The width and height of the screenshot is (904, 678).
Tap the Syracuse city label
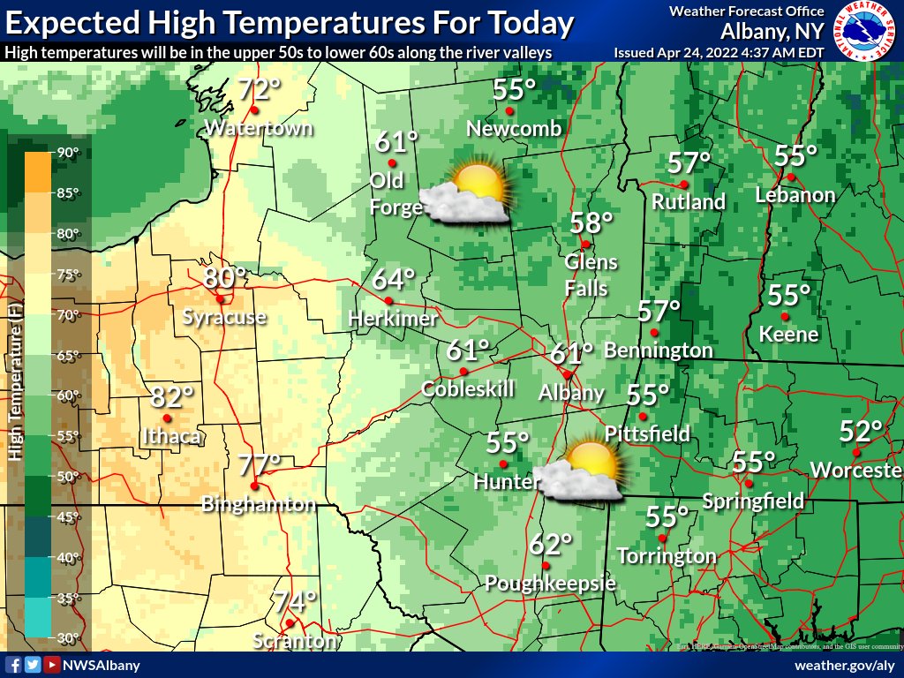pyautogui.click(x=224, y=317)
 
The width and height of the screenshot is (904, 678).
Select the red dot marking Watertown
pyautogui.click(x=253, y=110)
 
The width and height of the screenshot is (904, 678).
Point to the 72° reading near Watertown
pyautogui.click(x=259, y=89)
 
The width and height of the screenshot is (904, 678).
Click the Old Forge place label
pyautogui.click(x=387, y=191)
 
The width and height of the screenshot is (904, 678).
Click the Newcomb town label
pyautogui.click(x=514, y=129)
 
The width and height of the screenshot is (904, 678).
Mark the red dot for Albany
pyautogui.click(x=566, y=374)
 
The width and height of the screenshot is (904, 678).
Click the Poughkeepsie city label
pyautogui.click(x=550, y=584)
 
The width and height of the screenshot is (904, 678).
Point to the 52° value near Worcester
pyautogui.click(x=861, y=432)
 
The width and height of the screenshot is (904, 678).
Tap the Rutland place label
pyautogui.click(x=689, y=201)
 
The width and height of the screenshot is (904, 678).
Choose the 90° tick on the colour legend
pyautogui.click(x=69, y=152)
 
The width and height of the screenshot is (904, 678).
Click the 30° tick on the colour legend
pyautogui.click(x=69, y=637)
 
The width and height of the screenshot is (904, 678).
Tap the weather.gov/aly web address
pyautogui.click(x=845, y=665)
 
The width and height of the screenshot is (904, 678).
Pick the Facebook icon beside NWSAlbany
pyautogui.click(x=13, y=665)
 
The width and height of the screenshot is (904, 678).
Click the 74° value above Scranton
pyautogui.click(x=293, y=602)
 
